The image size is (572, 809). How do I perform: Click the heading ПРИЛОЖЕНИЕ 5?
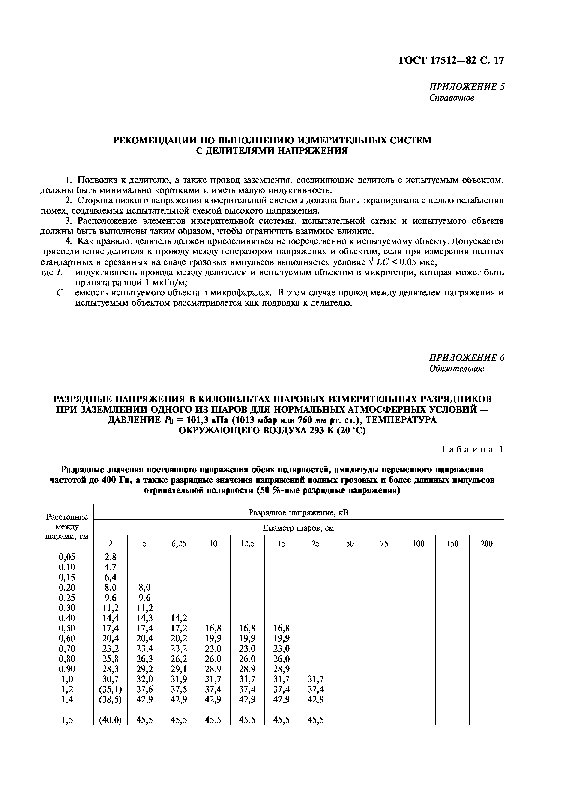pyautogui.click(x=466, y=87)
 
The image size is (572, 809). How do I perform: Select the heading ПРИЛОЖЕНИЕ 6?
pyautogui.click(x=466, y=358)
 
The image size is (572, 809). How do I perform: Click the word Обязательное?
pyautogui.click(x=456, y=369)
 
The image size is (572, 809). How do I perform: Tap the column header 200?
pyautogui.click(x=486, y=544)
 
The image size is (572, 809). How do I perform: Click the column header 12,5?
pyautogui.click(x=247, y=544)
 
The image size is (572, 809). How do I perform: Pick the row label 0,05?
pyautogui.click(x=67, y=557)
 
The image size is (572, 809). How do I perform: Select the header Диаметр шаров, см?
pyautogui.click(x=298, y=528)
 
